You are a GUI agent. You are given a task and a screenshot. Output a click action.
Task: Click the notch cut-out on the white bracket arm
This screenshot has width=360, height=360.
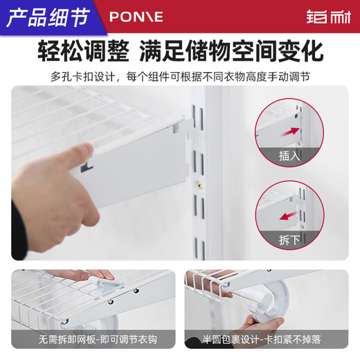click(87, 166)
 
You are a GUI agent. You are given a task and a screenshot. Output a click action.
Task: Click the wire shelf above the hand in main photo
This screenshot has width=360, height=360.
click(83, 111)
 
